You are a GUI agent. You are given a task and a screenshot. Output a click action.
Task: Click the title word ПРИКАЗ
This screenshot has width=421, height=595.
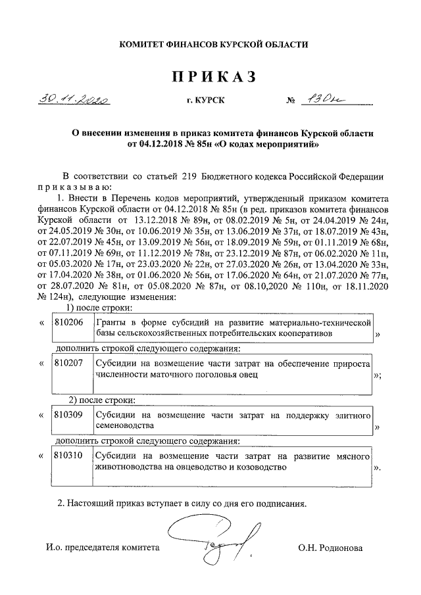(212, 78)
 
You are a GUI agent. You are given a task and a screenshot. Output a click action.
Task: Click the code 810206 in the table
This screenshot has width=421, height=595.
(68, 323)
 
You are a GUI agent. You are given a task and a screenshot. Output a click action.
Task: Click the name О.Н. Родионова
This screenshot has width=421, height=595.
(329, 547)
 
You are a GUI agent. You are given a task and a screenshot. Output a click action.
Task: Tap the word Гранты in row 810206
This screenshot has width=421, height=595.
(112, 323)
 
